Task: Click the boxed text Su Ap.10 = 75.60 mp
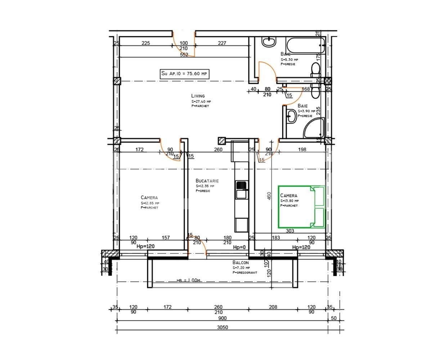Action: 184,74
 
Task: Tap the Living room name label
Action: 198,96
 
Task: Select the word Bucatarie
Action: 207,181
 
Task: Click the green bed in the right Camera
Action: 302,207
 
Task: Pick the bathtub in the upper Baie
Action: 306,46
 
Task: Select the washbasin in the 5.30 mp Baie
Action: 269,42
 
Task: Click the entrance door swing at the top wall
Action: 184,45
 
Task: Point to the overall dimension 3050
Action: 222,327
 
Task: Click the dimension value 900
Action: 222,318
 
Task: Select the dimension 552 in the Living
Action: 184,55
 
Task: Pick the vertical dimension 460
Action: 269,196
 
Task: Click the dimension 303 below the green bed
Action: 290,231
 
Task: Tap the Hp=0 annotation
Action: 239,247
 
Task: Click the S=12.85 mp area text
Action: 150,203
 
